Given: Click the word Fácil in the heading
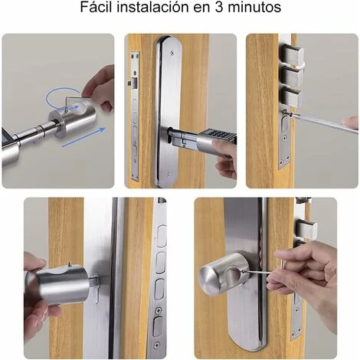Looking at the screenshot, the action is (96, 7).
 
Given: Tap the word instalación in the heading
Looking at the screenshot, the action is (153, 7).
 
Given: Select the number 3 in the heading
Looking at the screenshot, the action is (219, 7).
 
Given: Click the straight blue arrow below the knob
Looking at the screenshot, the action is (83, 137).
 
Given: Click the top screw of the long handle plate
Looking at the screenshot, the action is (172, 53).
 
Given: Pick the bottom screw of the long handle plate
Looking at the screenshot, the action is (168, 175).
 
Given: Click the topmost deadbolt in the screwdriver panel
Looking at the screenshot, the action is (293, 54).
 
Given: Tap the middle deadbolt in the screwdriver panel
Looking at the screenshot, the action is (293, 76).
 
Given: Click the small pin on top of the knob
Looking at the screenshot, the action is (70, 264).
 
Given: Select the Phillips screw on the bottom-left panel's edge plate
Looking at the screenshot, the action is (159, 311).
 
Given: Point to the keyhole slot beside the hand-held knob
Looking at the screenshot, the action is (97, 293).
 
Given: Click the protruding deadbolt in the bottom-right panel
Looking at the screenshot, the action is (306, 228).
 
